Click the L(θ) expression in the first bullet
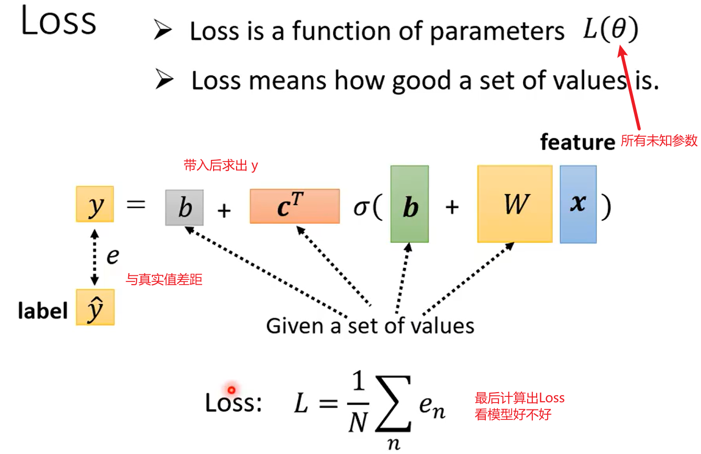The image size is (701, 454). coord(610,31)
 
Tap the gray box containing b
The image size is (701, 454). coord(184,208)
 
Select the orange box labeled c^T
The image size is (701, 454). coord(294,206)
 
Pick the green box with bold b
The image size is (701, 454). coord(409,204)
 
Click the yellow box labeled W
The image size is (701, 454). coord(515,204)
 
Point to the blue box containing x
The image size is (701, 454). coord(578,204)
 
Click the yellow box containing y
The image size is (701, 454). coord(95,204)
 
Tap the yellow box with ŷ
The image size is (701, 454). coord(95,307)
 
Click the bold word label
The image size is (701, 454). coord(43,311)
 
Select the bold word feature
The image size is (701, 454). coord(577,142)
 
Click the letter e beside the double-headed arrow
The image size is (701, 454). coord(113,256)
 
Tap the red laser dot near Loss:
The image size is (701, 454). coord(231,390)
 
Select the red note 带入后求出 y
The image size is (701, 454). coord(220,166)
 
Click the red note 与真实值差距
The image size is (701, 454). coord(164,280)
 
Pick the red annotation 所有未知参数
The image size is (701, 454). coord(659,140)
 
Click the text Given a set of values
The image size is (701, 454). coord(370,326)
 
